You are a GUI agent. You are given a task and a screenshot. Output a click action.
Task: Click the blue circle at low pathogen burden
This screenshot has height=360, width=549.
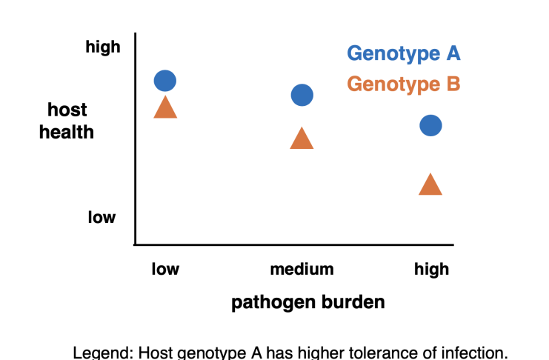(165, 81)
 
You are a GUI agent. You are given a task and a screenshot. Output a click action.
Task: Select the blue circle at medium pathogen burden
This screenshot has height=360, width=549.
(302, 95)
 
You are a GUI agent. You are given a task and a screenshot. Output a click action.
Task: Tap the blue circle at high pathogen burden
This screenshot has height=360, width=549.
(430, 125)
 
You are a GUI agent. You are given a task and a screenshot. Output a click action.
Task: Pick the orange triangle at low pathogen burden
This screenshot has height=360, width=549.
(165, 107)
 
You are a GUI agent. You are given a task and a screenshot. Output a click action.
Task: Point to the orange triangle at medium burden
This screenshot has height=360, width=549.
(302, 138)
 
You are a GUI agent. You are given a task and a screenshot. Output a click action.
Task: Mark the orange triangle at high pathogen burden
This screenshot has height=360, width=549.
(430, 184)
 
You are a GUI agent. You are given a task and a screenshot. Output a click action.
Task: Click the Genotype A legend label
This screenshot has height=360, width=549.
(404, 53)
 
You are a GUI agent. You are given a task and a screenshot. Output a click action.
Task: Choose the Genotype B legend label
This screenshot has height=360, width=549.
(404, 84)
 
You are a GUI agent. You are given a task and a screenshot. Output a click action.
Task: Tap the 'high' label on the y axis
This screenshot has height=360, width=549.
(103, 47)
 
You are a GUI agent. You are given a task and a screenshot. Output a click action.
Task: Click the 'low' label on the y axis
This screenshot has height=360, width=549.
(102, 217)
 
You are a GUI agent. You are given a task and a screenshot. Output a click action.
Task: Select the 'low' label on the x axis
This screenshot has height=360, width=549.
(165, 269)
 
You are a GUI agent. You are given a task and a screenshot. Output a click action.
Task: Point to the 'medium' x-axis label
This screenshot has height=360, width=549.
(302, 269)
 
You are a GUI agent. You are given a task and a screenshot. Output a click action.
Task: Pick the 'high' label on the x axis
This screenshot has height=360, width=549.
(431, 270)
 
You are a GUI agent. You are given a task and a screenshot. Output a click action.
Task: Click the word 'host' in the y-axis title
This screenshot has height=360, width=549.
(67, 110)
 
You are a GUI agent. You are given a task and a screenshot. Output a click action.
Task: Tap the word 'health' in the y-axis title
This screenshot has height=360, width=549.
(67, 133)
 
